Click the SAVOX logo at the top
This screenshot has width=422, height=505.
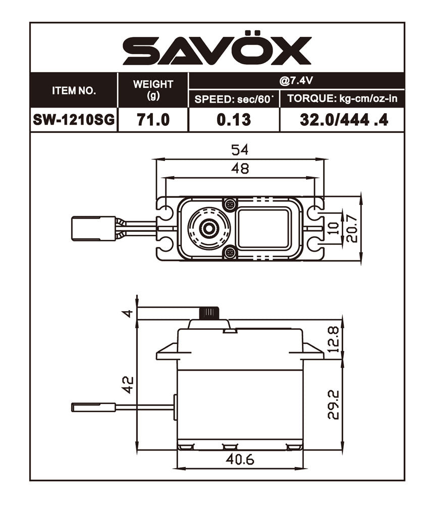click(217, 50)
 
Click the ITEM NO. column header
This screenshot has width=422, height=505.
click(74, 91)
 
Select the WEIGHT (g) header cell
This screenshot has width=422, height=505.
click(152, 89)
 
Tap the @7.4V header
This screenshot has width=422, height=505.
click(296, 80)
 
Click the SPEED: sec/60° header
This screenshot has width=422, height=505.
click(234, 99)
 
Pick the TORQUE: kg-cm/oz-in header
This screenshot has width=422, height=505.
click(342, 99)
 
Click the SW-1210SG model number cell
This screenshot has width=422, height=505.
click(74, 120)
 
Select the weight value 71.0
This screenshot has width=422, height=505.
click(152, 120)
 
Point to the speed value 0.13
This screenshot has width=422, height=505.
click(234, 120)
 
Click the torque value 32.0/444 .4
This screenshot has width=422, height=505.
click(342, 120)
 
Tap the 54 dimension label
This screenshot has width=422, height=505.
click(240, 150)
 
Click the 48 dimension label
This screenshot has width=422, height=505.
click(240, 168)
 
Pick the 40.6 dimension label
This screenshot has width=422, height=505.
click(240, 460)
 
